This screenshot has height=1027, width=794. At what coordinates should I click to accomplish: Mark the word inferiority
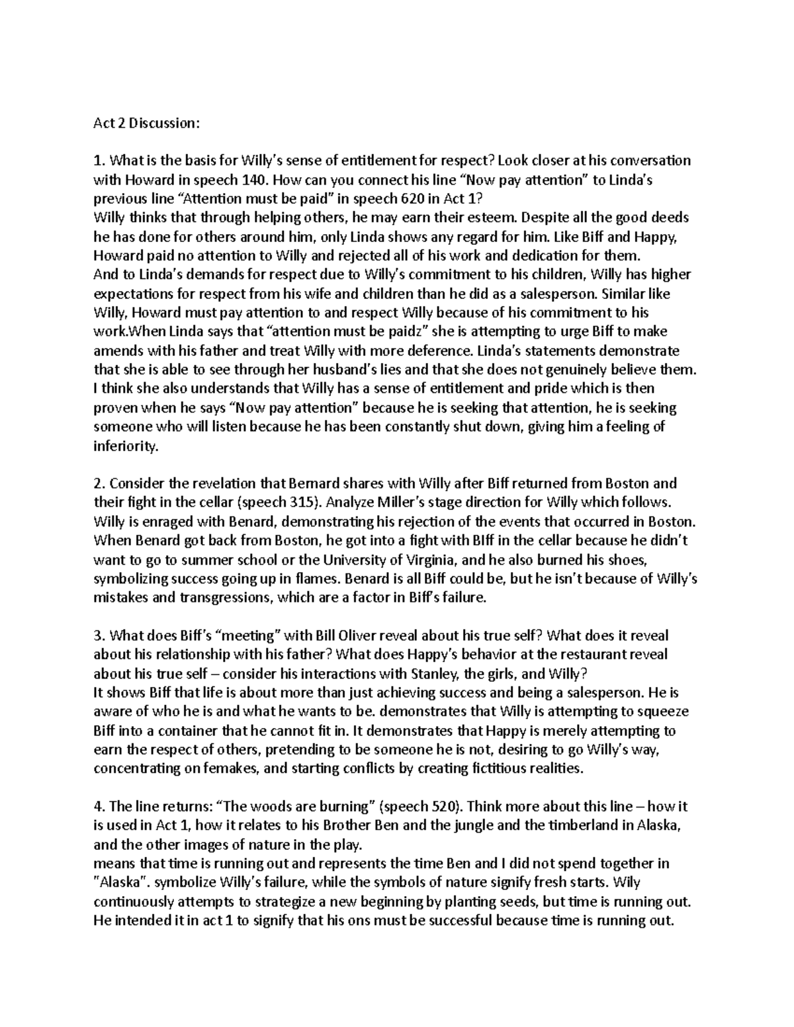[126, 446]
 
